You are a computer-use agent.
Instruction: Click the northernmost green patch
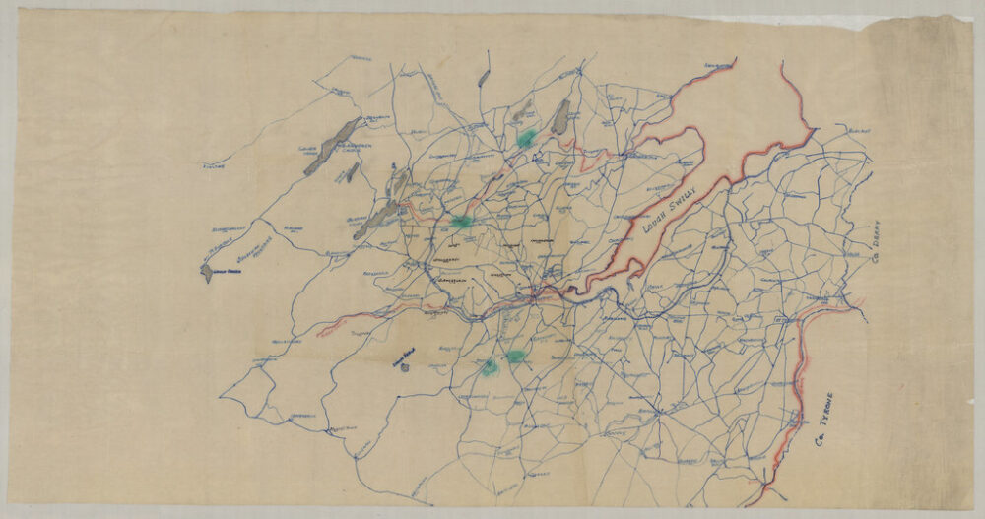tap(527, 137)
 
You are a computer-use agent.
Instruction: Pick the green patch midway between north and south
tap(461, 222)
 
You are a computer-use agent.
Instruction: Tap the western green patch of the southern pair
tap(489, 366)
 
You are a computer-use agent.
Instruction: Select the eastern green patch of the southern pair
tap(515, 357)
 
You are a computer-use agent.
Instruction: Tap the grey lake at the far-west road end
tap(207, 272)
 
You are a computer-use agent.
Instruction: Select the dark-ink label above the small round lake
tap(405, 357)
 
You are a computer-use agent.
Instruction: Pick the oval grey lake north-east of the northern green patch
tap(560, 117)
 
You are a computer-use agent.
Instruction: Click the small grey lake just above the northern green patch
tap(523, 114)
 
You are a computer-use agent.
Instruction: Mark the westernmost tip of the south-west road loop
tap(221, 398)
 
